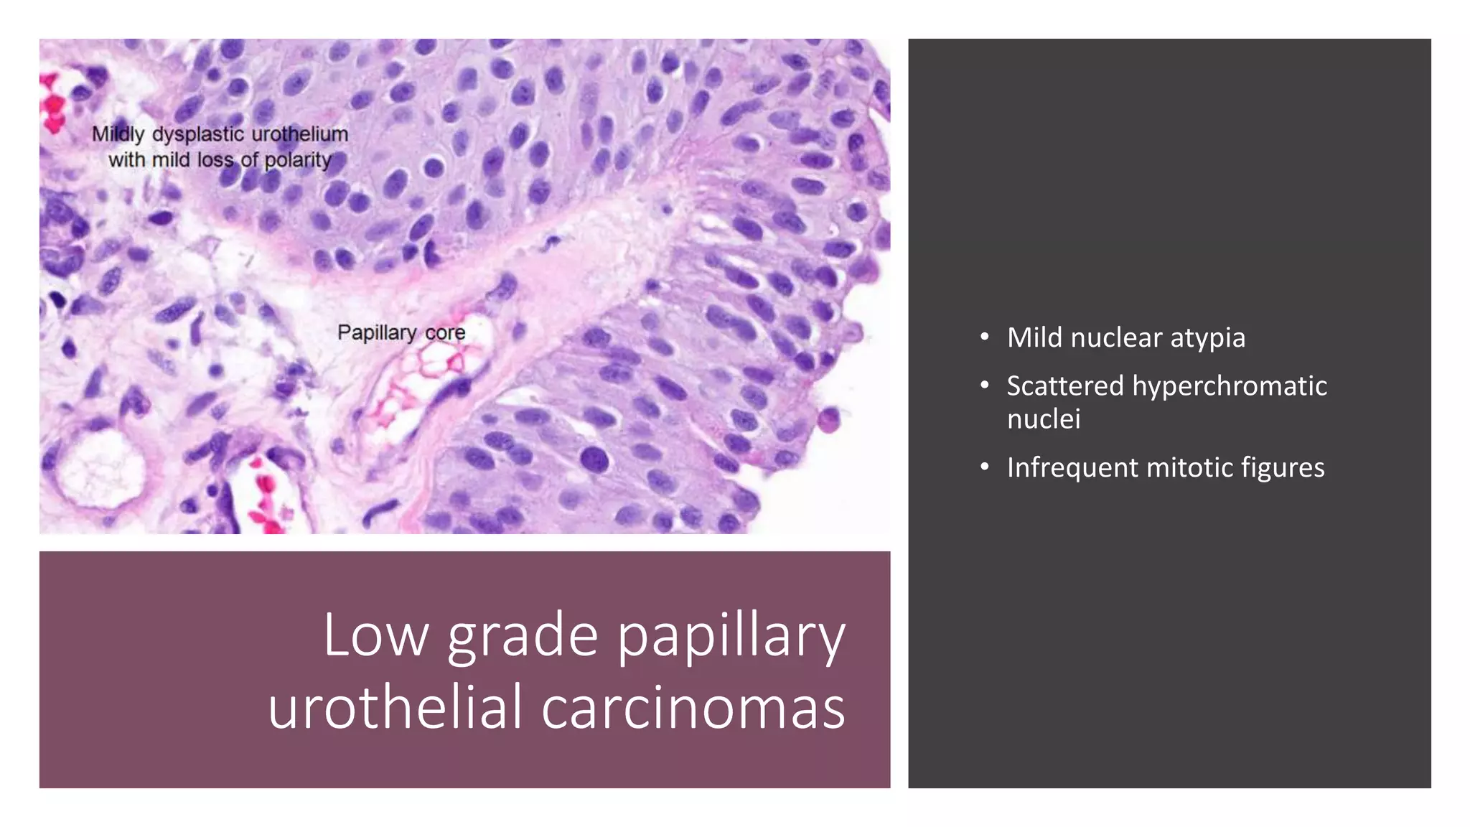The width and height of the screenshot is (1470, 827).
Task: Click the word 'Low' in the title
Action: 375,635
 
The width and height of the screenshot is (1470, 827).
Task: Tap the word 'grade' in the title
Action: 522,636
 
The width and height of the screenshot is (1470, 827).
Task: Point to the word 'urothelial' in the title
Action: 394,707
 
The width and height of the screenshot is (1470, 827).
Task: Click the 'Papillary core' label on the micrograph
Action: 401,333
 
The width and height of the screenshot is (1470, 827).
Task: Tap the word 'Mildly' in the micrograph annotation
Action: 118,134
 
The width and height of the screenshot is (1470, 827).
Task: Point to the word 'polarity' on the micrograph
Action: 298,160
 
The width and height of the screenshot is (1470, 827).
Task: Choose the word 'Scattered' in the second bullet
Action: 1064,386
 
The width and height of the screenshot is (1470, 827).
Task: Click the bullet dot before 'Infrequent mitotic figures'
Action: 985,467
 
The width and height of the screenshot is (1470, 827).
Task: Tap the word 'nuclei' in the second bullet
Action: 1043,419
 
